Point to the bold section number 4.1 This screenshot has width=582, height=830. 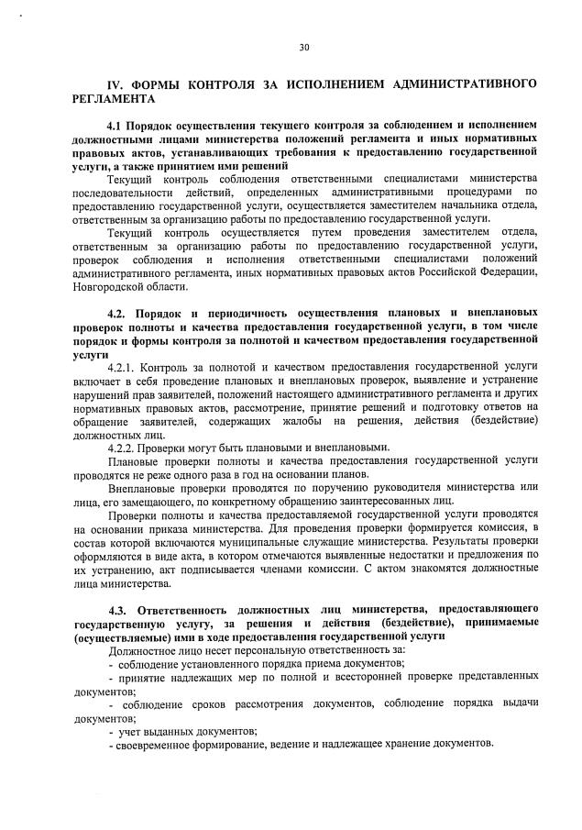click(x=119, y=124)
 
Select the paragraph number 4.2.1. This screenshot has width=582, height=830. click(x=123, y=366)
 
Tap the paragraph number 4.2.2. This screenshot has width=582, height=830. click(x=123, y=448)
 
